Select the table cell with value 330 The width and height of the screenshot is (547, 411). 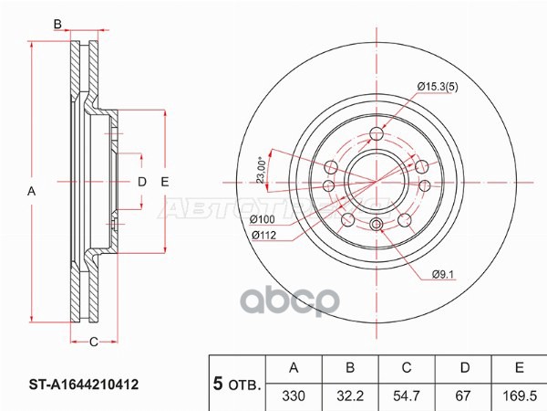(294, 395)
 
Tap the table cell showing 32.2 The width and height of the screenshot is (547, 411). (349, 395)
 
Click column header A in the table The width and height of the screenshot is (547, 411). (294, 368)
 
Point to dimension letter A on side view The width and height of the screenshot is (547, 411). (31, 191)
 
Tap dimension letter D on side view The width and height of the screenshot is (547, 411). (141, 182)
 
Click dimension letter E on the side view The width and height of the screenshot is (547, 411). (165, 182)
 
